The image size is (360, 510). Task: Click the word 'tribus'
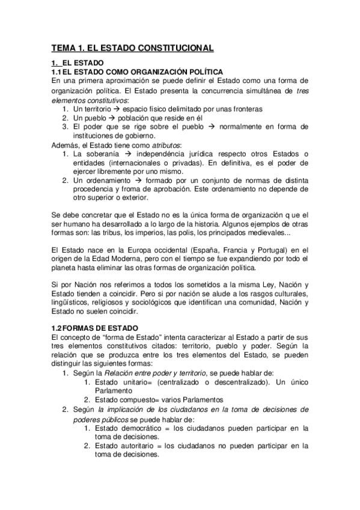pyautogui.click(x=113, y=232)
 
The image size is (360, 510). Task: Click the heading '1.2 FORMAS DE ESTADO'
pyautogui.click(x=95, y=328)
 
